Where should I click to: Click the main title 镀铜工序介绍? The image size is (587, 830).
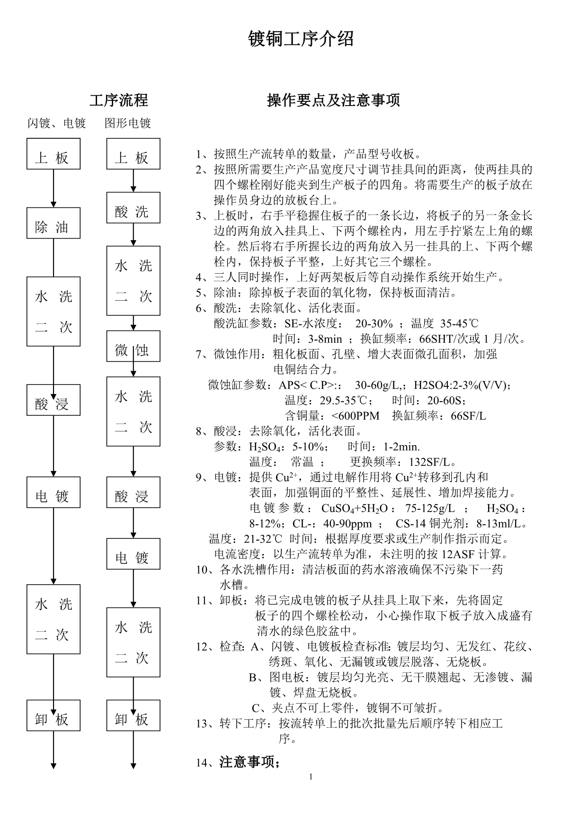click(x=301, y=39)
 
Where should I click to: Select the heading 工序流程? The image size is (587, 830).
click(x=118, y=100)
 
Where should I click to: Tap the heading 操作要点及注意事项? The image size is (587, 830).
click(x=333, y=100)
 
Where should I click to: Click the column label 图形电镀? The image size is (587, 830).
click(x=128, y=124)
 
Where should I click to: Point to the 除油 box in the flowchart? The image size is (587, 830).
click(x=53, y=223)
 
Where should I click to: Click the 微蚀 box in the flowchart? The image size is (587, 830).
click(x=133, y=346)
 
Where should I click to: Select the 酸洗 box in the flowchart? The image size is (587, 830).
click(x=133, y=208)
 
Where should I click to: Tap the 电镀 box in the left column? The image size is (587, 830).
click(x=53, y=492)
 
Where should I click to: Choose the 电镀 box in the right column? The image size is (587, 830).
click(x=133, y=554)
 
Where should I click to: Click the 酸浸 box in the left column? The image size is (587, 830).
click(x=53, y=400)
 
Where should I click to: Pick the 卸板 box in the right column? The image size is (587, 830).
click(x=133, y=715)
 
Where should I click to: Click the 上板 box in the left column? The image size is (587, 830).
click(x=53, y=154)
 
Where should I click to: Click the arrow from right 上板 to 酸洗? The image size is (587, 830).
click(x=133, y=180)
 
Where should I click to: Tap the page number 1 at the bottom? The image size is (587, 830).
click(x=311, y=776)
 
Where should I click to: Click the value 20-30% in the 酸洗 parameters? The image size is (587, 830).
click(x=374, y=324)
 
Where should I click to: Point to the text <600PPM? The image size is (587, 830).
click(x=356, y=416)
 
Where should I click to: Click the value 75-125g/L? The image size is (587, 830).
click(x=430, y=509)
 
